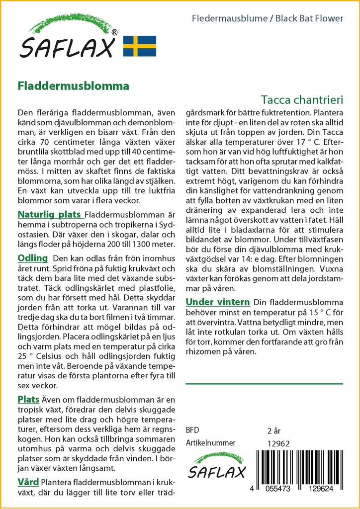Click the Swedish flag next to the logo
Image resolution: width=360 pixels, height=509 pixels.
click(140, 46)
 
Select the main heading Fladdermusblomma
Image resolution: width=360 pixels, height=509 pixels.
click(73, 85)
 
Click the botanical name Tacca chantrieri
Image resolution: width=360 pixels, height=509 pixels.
click(301, 99)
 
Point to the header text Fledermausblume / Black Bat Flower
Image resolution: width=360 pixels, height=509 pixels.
click(268, 19)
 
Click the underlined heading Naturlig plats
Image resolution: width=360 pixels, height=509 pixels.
click(49, 215)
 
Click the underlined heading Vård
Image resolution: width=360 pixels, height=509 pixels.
click(28, 482)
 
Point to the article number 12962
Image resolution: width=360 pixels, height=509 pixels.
click(278, 443)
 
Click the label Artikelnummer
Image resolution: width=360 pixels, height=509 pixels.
click(210, 443)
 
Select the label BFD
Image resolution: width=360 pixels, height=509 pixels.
click(192, 430)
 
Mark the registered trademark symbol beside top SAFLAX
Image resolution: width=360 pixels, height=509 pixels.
click(115, 32)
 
